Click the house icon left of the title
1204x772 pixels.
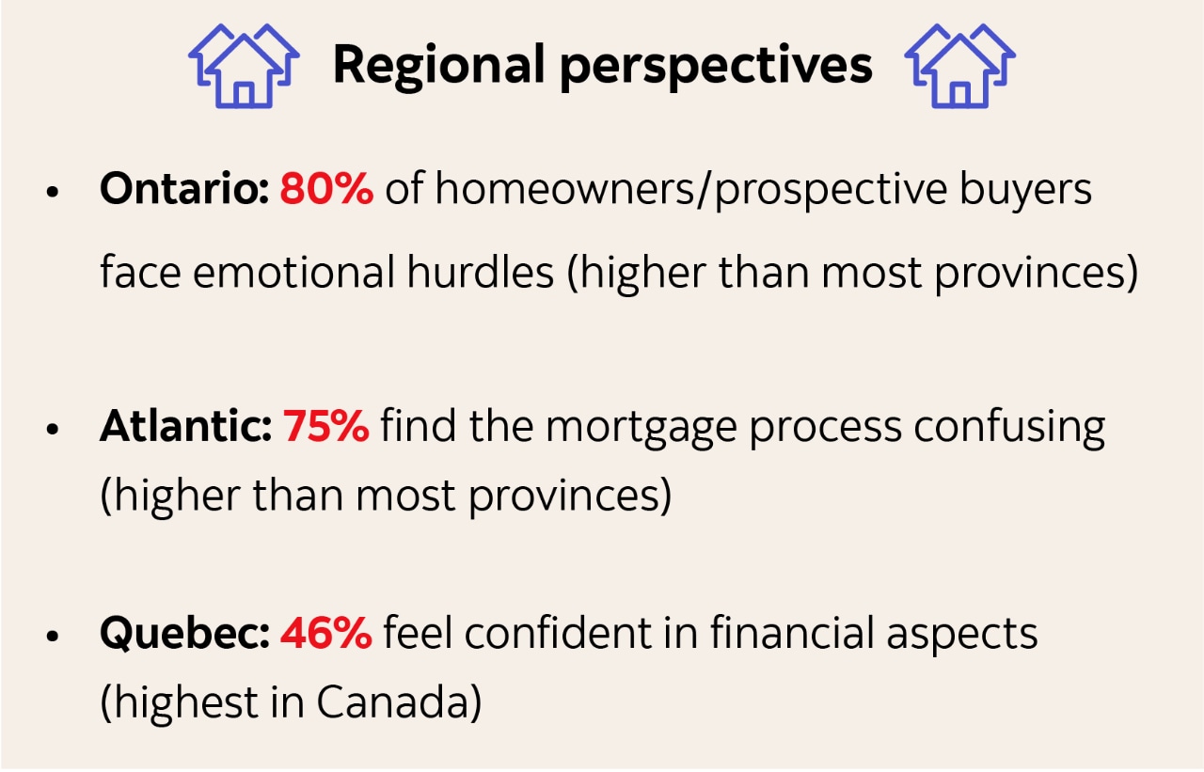[244, 66]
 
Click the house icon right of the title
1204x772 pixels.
[959, 66]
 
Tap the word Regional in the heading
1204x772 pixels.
[437, 66]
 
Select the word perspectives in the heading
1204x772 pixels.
[716, 66]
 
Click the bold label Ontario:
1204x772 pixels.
[184, 189]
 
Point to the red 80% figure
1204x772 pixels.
[326, 189]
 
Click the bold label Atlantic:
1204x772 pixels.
[185, 426]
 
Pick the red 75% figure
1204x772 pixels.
[325, 426]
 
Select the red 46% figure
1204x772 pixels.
[325, 634]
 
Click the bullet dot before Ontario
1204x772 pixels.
[53, 192]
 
